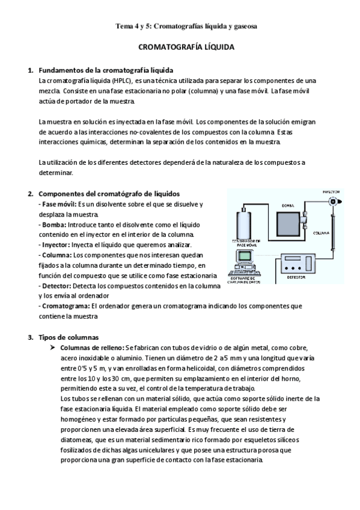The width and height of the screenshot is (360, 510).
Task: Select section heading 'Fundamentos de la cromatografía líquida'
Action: pyautogui.click(x=105, y=70)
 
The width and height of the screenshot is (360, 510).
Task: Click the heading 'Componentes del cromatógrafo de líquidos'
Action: pyautogui.click(x=109, y=194)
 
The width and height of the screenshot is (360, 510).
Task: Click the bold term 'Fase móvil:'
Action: pyautogui.click(x=55, y=204)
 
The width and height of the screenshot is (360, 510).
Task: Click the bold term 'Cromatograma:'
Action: pyautogui.click(x=63, y=306)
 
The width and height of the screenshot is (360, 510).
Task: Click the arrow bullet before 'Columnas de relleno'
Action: pyautogui.click(x=53, y=347)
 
